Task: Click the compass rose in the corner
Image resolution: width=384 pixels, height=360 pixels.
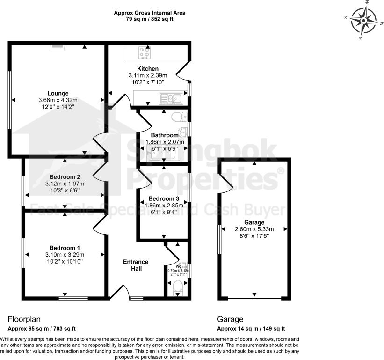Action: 363,20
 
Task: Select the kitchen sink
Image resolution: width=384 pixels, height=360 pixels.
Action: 170,98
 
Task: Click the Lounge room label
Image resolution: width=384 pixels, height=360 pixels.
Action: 58,93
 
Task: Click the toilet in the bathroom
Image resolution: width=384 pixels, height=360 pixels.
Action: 178,117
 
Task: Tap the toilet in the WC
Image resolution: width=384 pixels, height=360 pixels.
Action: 178,287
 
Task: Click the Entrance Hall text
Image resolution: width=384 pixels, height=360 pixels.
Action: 136,265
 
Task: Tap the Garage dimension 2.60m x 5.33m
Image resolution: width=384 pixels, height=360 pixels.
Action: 254,229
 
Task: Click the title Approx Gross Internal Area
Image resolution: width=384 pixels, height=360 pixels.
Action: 150,13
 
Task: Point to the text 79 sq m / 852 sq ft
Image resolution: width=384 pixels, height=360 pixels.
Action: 150,20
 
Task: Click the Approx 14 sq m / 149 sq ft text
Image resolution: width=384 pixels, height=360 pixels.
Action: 251,329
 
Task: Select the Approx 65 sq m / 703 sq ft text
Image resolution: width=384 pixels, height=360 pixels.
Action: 42,329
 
